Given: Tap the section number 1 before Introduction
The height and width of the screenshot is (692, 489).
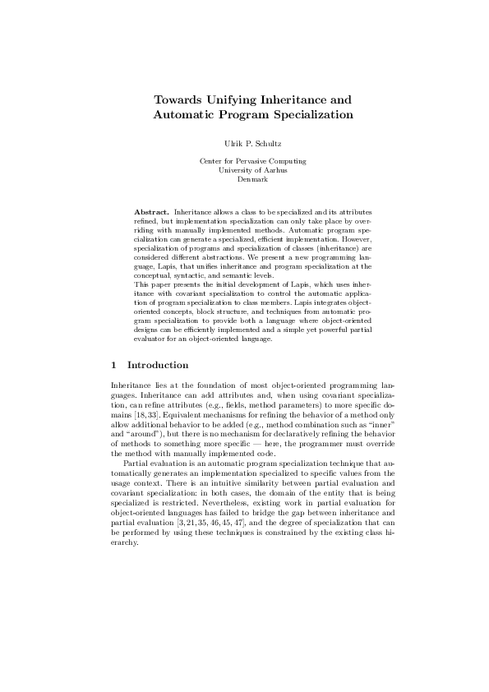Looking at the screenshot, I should (x=113, y=365).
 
